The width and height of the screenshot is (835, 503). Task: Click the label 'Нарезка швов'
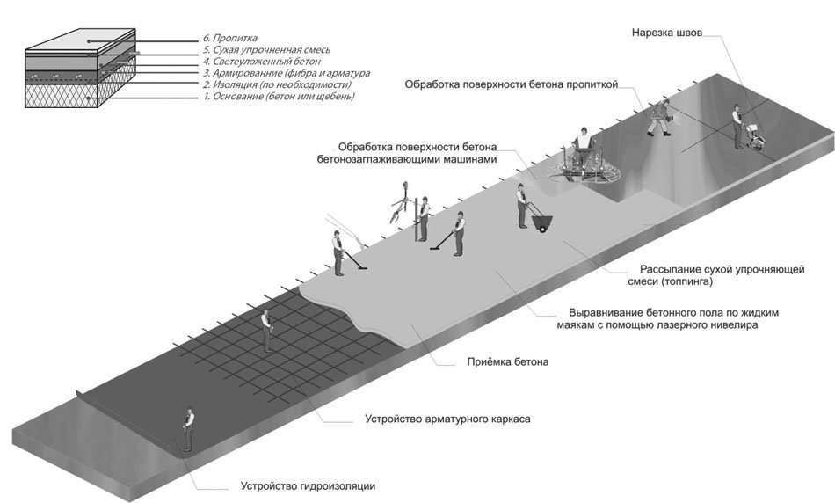[x=667, y=33]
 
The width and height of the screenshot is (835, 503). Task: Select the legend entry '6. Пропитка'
[x=230, y=39]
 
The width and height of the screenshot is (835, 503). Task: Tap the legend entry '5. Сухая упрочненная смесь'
[x=267, y=50]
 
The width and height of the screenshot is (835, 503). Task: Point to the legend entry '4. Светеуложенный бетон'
[x=261, y=62]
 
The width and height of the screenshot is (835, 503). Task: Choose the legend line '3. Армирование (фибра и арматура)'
[x=287, y=73]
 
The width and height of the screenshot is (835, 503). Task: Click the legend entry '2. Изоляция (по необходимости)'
[x=277, y=84]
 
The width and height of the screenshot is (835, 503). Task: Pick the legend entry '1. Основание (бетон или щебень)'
[x=279, y=97]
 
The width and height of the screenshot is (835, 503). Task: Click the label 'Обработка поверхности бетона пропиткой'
[x=512, y=84]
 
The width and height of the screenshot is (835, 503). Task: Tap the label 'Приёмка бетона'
[x=507, y=361]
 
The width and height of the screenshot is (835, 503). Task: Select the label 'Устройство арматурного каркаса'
[x=447, y=419]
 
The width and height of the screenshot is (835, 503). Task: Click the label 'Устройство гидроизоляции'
[x=308, y=486]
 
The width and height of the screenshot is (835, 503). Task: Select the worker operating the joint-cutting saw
[x=737, y=127]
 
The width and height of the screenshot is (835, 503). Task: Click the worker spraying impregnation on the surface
[x=659, y=116]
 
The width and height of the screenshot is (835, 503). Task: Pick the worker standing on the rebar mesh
[x=266, y=331]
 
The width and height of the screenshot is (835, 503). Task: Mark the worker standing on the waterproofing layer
[x=188, y=430]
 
